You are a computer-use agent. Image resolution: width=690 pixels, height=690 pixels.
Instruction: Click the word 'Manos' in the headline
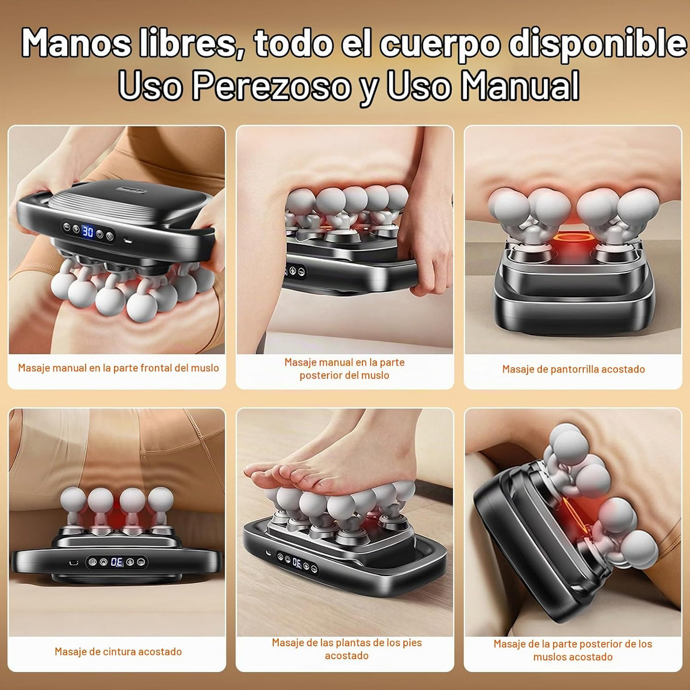pyautogui.click(x=76, y=44)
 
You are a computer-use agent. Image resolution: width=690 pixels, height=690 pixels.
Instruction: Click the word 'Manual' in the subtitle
pyautogui.click(x=519, y=86)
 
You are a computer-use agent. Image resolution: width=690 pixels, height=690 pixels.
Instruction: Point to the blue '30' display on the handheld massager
pyautogui.click(x=87, y=231)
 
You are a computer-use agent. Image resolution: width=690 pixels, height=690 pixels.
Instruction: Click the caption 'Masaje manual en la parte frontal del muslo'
pyautogui.click(x=118, y=368)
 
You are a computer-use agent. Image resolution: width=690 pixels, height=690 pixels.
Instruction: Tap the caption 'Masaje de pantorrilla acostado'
pyautogui.click(x=573, y=369)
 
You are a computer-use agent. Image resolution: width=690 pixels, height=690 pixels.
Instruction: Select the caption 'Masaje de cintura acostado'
pyautogui.click(x=118, y=651)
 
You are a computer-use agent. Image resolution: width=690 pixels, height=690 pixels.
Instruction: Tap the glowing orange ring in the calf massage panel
pyautogui.click(x=573, y=237)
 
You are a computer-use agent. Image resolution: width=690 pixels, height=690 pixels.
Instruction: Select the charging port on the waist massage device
pyautogui.click(x=74, y=562)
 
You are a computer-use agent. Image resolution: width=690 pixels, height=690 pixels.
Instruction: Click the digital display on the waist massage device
pyautogui.click(x=117, y=562)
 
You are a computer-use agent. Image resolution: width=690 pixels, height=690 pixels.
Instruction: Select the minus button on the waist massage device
pyautogui.click(x=141, y=562)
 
